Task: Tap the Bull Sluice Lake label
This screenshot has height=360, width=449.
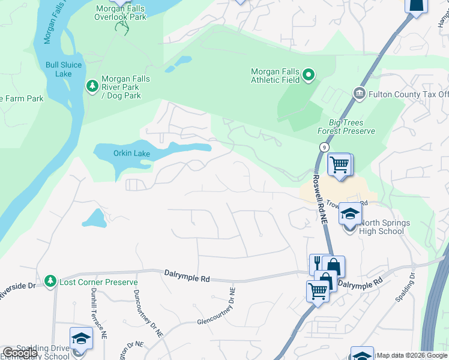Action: coord(59,70)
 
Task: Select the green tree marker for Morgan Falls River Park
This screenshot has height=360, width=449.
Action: coord(92,87)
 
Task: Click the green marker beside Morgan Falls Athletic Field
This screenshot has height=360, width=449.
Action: coord(309,75)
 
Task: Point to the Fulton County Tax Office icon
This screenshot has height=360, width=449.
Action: coord(359,93)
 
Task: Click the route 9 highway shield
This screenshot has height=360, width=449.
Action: coord(324,147)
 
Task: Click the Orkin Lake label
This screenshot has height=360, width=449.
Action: coord(131,154)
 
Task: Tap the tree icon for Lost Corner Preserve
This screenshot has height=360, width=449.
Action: coord(50,281)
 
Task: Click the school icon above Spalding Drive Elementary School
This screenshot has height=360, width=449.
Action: coord(80,338)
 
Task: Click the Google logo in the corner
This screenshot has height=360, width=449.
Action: coord(20,353)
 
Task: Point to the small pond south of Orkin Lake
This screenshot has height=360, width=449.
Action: coord(94,218)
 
